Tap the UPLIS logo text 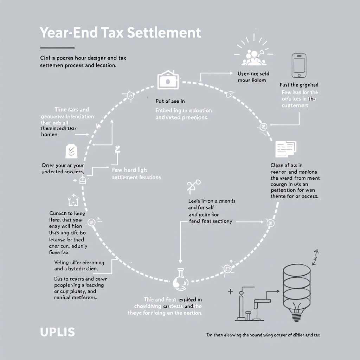pos(57,332)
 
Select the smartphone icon pos(299,65)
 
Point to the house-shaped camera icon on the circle pos(168,80)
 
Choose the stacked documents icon pos(285,149)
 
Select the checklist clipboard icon pos(71,150)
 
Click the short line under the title pos(57,47)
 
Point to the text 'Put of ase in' pos(170,101)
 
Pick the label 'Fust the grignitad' pos(299,85)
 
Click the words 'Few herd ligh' pos(129,170)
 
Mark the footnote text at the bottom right pos(263,335)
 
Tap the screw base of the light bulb pos(297,316)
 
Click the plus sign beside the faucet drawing pos(231,291)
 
